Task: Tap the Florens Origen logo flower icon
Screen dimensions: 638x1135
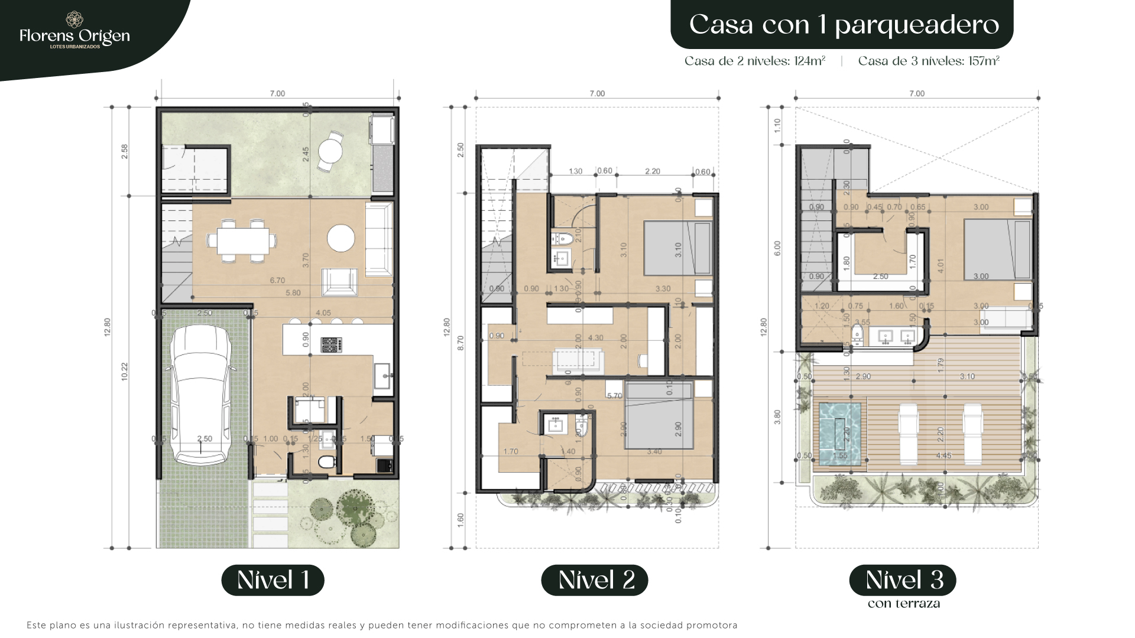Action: pyautogui.click(x=74, y=19)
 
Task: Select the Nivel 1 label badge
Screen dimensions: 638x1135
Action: pyautogui.click(x=273, y=580)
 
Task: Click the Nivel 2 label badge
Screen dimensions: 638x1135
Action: pyautogui.click(x=594, y=580)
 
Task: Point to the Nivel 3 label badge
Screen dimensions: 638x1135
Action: pyautogui.click(x=903, y=580)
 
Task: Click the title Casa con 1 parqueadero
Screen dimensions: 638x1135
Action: pyautogui.click(x=843, y=25)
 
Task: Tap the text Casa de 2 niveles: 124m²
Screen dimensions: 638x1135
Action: pyautogui.click(x=755, y=61)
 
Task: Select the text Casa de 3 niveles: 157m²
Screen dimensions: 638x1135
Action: pyautogui.click(x=929, y=61)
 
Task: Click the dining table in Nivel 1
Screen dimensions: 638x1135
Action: pyautogui.click(x=242, y=240)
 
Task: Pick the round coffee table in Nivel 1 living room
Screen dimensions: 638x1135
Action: pyautogui.click(x=341, y=239)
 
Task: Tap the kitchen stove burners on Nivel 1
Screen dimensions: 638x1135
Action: pyautogui.click(x=331, y=344)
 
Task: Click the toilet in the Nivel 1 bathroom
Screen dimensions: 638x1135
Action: pyautogui.click(x=326, y=461)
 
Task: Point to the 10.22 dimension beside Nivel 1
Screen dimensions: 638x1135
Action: pyautogui.click(x=124, y=371)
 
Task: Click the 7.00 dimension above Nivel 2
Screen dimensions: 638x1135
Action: pyautogui.click(x=597, y=93)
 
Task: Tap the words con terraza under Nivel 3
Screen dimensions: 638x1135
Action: pyautogui.click(x=903, y=604)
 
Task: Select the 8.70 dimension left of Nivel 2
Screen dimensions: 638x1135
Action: pyautogui.click(x=461, y=343)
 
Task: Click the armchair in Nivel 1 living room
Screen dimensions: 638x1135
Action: pyautogui.click(x=339, y=282)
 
